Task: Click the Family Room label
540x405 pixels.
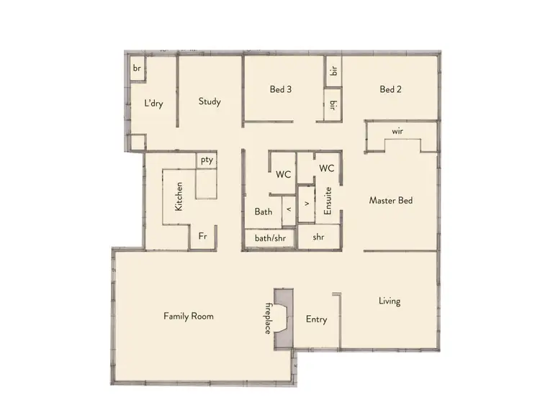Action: [x=188, y=316]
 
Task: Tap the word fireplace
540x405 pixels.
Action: [x=267, y=317]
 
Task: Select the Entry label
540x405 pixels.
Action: [x=316, y=319]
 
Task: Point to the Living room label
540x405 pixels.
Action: [x=390, y=301]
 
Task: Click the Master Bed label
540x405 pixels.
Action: [x=390, y=201]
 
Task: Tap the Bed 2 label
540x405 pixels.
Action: [x=390, y=90]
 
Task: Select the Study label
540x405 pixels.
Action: [x=210, y=101]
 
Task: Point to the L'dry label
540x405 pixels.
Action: [x=153, y=104]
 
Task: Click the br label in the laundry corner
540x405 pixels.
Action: [x=135, y=68]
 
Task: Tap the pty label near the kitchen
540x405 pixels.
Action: [x=207, y=160]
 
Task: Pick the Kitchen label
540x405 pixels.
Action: [x=179, y=196]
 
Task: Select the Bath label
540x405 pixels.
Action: [x=263, y=211]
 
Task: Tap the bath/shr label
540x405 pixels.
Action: [x=269, y=237]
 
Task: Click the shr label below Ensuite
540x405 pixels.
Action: [x=318, y=237]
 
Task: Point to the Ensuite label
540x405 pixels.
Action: [x=328, y=201]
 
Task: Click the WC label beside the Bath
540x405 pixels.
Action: [x=283, y=173]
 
